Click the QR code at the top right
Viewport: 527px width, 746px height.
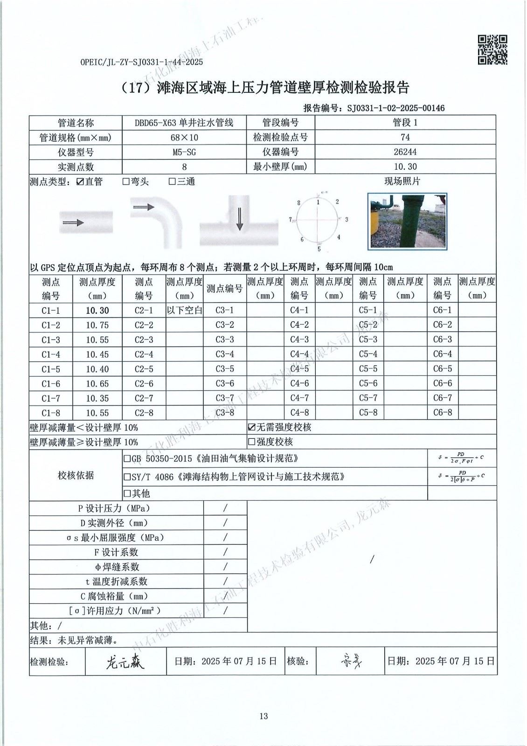(x=492, y=50)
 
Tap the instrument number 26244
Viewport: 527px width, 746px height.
(x=405, y=152)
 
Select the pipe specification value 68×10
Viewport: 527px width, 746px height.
(x=184, y=138)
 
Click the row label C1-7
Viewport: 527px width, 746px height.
(x=51, y=399)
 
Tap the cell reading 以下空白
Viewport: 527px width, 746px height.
(x=184, y=311)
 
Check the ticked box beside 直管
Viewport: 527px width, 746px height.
(x=80, y=182)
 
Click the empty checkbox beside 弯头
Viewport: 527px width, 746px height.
(x=126, y=182)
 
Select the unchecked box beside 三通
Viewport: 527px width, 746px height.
(x=172, y=182)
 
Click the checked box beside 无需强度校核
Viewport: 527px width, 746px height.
(x=252, y=427)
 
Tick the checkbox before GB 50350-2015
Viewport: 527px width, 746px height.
(x=127, y=459)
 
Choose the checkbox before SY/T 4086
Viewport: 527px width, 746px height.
(x=127, y=477)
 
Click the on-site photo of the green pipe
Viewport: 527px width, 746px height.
(x=408, y=221)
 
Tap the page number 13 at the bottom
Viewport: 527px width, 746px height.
(x=263, y=716)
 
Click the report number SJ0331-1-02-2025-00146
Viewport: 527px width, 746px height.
(x=395, y=108)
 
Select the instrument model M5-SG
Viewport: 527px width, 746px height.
(x=184, y=152)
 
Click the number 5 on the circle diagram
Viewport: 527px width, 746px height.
(x=319, y=249)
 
